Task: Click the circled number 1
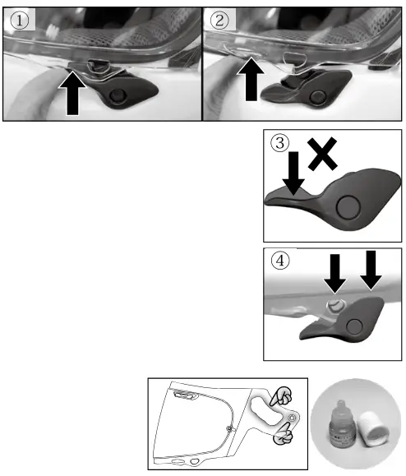tap(20, 21)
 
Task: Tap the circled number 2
tap(219, 21)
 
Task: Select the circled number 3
tap(279, 143)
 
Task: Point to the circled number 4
tap(279, 261)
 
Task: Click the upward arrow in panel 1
tap(72, 93)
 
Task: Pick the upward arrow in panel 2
tap(251, 79)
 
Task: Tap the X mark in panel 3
tap(322, 153)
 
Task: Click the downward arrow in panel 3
tap(293, 173)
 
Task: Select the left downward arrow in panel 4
tap(335, 274)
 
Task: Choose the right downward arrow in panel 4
tap(371, 270)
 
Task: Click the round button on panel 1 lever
tap(117, 95)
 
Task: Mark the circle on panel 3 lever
tap(348, 208)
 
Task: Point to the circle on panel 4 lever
tap(354, 326)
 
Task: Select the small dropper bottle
tap(343, 424)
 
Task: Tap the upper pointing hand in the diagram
tap(281, 396)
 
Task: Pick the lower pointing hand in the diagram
tap(283, 435)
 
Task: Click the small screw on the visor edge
tap(229, 428)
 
